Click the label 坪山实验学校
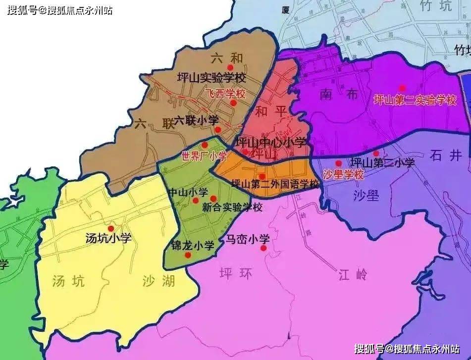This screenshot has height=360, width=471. tap(211, 78)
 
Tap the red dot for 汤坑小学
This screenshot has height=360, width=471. tap(111, 228)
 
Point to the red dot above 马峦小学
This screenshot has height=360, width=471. tap(263, 248)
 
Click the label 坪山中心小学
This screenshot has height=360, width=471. tap(271, 143)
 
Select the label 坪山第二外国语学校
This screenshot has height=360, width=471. tap(276, 184)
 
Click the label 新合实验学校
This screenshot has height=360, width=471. tap(232, 207)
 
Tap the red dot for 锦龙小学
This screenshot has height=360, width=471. tap(188, 255)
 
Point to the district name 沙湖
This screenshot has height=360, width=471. tap(158, 281)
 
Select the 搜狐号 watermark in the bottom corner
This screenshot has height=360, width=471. tap(408, 350)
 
